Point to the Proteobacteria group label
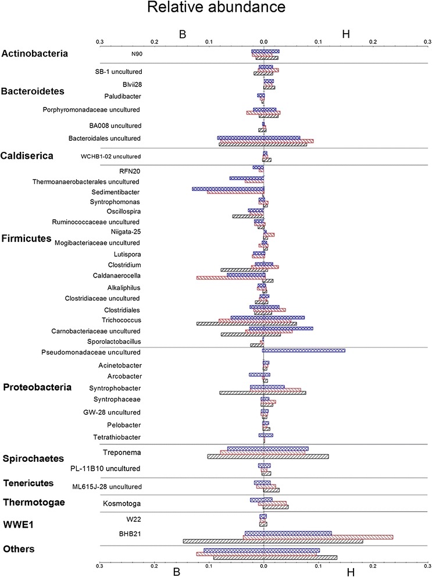pos(37,387)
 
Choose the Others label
pos(19,549)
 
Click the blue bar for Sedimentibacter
pos(228,188)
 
